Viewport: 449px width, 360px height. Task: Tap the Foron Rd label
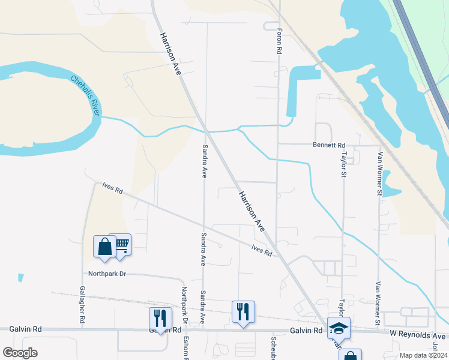pyautogui.click(x=280, y=41)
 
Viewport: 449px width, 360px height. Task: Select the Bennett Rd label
pyautogui.click(x=329, y=145)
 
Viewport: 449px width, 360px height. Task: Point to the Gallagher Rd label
pyautogui.click(x=82, y=305)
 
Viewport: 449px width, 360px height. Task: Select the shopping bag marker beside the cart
pyautogui.click(x=104, y=247)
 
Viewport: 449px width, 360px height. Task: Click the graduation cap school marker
pyautogui.click(x=339, y=328)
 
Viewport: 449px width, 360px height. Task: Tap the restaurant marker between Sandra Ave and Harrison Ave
pyautogui.click(x=243, y=311)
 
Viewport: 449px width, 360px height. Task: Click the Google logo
pyautogui.click(x=20, y=352)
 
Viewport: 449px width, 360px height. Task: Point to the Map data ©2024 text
pyautogui.click(x=423, y=355)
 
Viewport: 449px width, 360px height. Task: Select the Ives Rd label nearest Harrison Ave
pyautogui.click(x=262, y=250)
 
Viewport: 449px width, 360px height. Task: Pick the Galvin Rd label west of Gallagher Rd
pyautogui.click(x=25, y=329)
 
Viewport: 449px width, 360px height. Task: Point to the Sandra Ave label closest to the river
pyautogui.click(x=205, y=161)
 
